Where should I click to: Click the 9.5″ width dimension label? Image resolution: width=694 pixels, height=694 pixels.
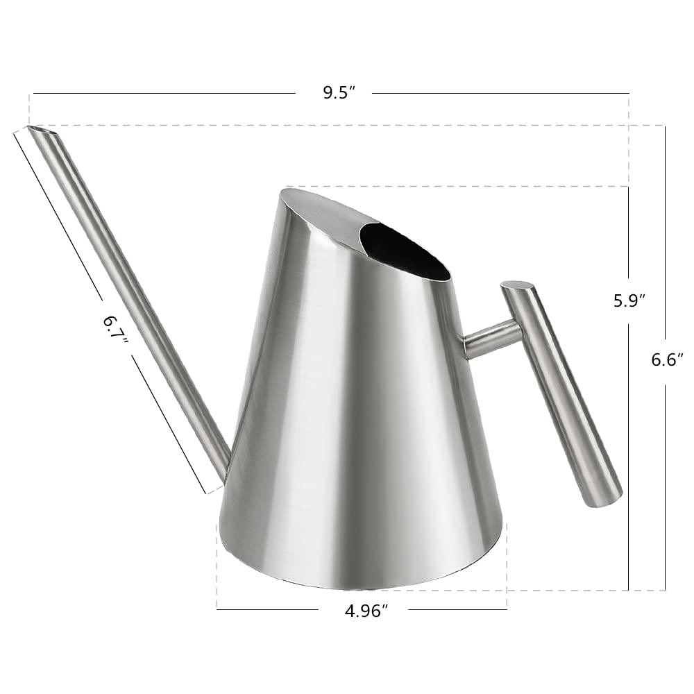pos(339,93)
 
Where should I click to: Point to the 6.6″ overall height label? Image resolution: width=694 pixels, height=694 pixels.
pos(667,359)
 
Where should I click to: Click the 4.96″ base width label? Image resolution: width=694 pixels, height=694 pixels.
pos(365,611)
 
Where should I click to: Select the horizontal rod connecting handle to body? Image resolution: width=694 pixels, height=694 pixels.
pos(491,339)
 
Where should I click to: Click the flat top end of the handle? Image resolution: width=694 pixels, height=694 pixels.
pos(518,285)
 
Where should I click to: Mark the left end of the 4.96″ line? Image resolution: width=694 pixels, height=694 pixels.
pos(217,609)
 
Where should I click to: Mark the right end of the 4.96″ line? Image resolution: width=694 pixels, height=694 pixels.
pos(507,609)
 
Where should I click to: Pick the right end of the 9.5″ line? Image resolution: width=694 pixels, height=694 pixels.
pos(629,93)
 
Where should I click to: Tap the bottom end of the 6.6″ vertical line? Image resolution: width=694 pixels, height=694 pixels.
pos(665,590)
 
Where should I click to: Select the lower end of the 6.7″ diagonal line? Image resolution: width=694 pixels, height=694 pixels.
pos(207,494)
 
